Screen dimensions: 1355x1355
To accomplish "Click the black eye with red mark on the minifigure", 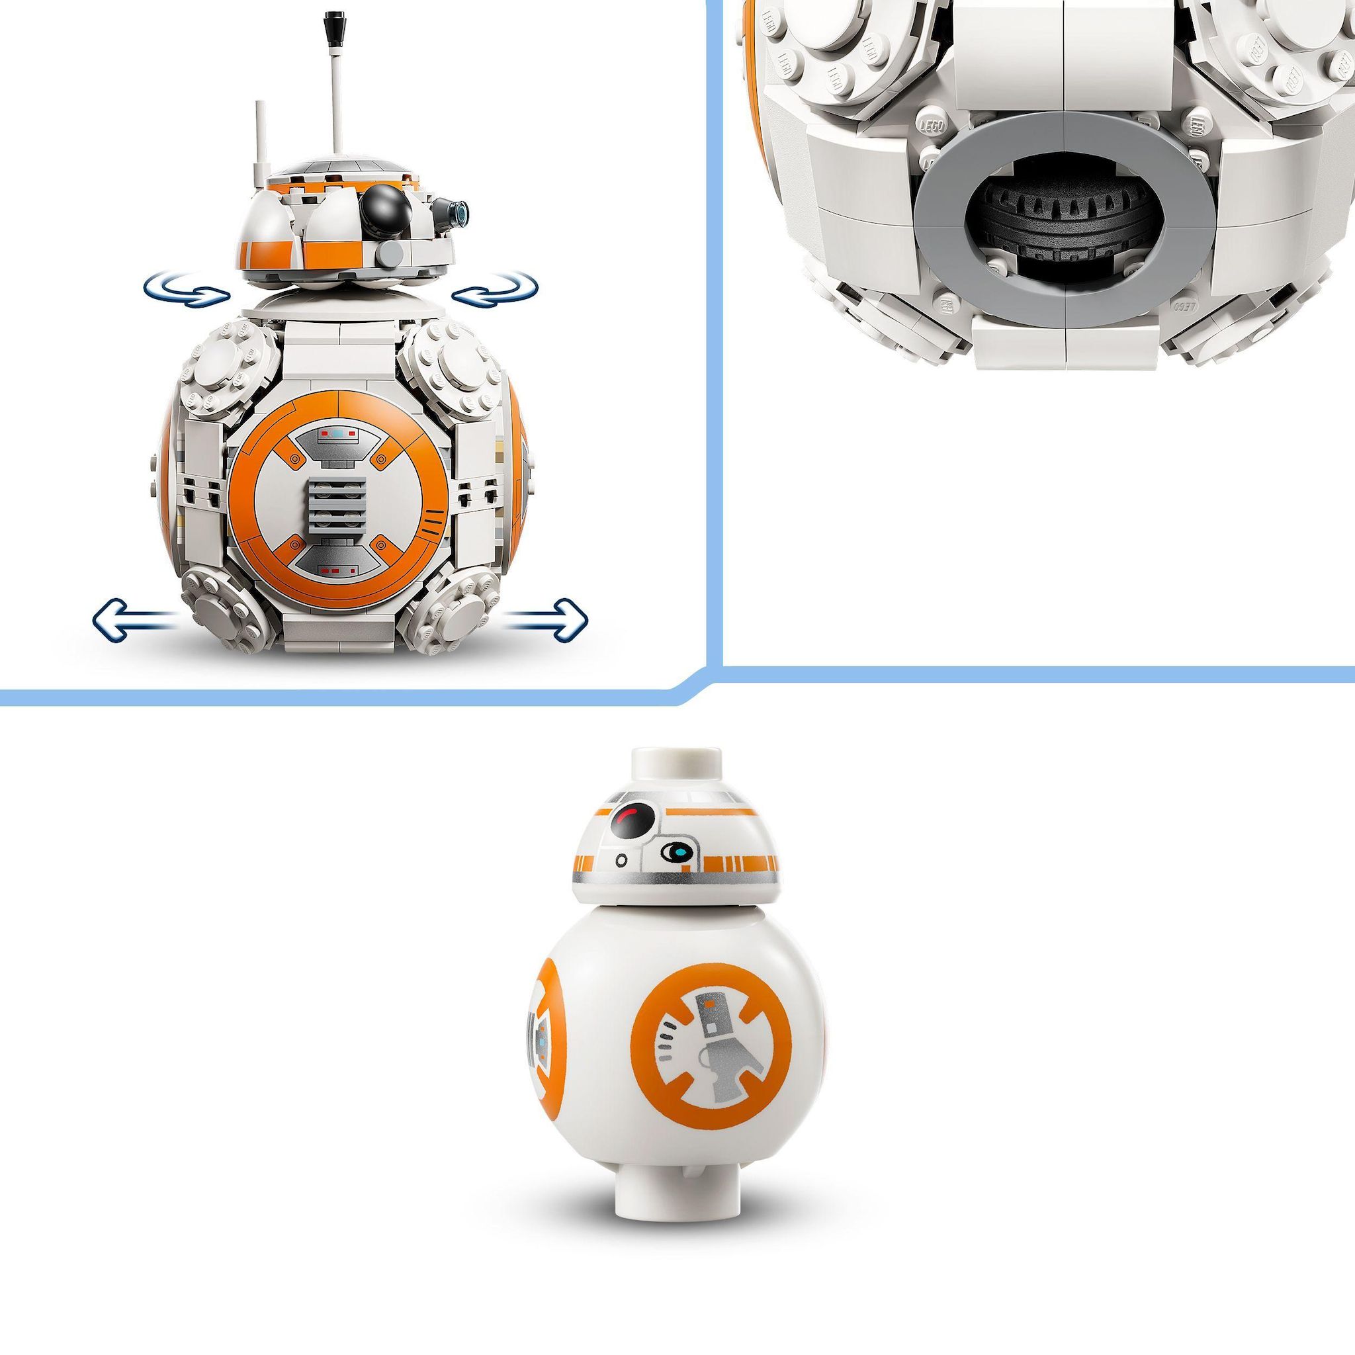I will [633, 820].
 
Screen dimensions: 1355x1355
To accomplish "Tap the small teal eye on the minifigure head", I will [678, 853].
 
